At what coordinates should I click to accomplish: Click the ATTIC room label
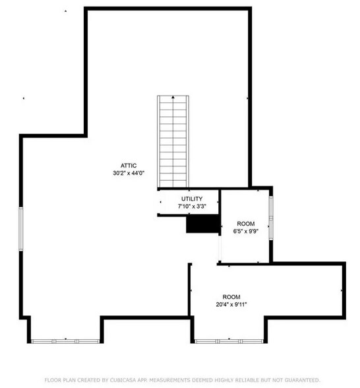pos(128,165)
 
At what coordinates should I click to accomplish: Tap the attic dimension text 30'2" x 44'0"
pos(128,173)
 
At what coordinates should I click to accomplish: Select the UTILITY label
pos(192,199)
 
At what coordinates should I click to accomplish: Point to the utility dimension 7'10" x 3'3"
pos(192,207)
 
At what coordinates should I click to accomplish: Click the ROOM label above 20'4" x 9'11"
pos(231,297)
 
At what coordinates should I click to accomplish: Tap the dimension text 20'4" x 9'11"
pos(231,305)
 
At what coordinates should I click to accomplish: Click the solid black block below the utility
pos(202,225)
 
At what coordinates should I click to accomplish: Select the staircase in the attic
pos(173,142)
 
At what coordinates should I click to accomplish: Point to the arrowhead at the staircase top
pos(173,97)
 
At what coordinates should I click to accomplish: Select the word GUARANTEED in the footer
pos(299,380)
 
